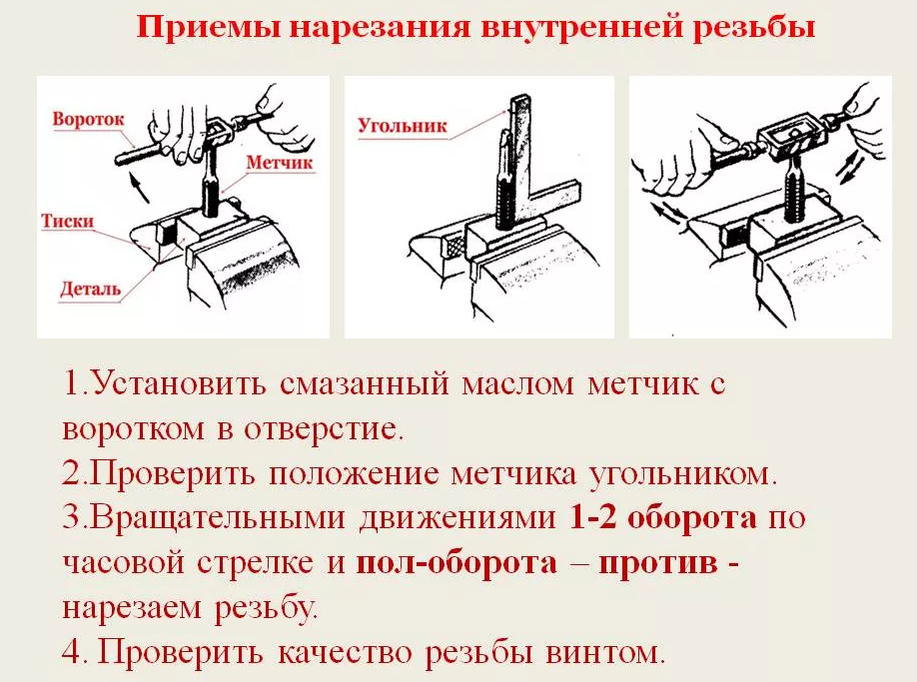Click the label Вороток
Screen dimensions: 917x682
(88, 119)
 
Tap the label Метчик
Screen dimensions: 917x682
(279, 162)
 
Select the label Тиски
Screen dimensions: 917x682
(67, 221)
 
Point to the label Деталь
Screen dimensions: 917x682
(90, 289)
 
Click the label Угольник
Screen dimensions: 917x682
(403, 126)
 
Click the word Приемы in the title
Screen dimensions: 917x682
(207, 26)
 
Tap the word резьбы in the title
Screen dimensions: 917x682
(754, 26)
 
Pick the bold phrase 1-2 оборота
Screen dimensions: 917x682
(662, 517)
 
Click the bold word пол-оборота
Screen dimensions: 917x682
(457, 563)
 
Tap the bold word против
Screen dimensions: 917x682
(658, 563)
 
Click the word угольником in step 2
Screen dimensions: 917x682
(683, 474)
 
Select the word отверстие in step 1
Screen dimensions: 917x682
(324, 429)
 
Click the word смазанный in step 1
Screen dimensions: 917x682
(365, 385)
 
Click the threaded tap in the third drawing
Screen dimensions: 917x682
(793, 184)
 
